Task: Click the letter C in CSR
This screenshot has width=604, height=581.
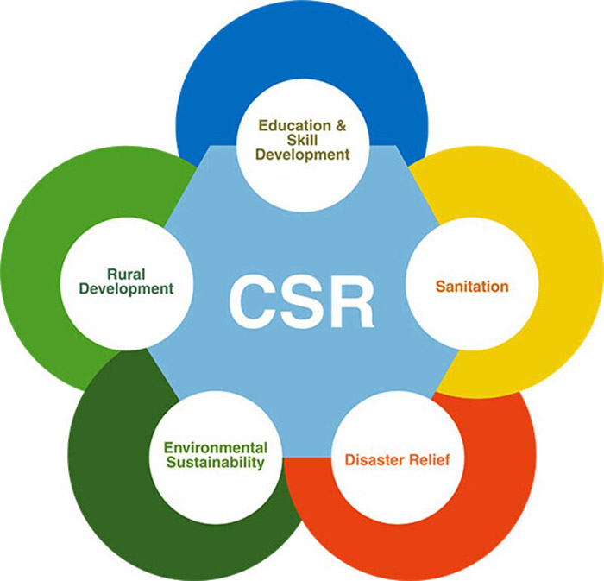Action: click(256, 301)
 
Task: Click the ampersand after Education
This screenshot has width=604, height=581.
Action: click(341, 126)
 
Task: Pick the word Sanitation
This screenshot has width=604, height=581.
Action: click(472, 286)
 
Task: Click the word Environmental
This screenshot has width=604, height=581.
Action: click(216, 448)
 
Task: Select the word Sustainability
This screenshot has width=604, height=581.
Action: click(216, 464)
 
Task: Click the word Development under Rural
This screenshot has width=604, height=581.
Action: click(126, 288)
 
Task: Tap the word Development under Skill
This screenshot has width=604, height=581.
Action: click(302, 155)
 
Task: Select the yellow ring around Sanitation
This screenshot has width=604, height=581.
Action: click(561, 285)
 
